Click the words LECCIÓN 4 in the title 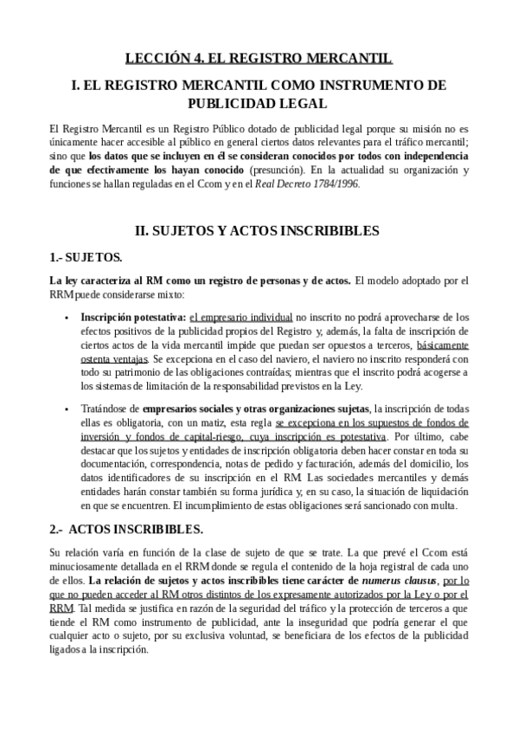tap(163, 59)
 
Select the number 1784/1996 tap(336, 183)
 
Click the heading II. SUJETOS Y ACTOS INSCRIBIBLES tap(259, 231)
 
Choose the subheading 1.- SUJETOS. tap(86, 257)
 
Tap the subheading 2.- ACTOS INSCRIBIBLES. tap(126, 528)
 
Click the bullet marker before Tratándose tap(67, 409)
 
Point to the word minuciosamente tap(93, 567)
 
